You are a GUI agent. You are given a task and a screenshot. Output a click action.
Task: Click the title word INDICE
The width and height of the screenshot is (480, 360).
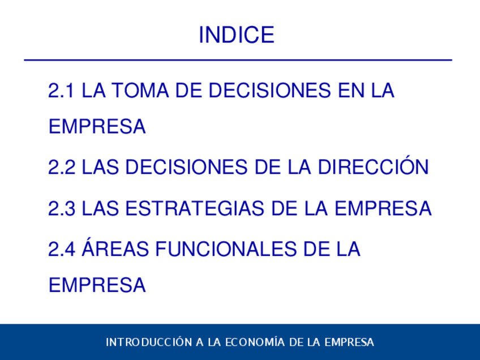coord(237,35)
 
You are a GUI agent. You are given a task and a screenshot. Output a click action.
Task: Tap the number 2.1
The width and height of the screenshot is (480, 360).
coord(61,91)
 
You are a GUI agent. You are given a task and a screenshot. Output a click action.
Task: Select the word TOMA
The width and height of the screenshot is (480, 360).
coord(140,91)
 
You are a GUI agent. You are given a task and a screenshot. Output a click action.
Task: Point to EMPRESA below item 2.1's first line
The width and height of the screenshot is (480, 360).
coord(97,126)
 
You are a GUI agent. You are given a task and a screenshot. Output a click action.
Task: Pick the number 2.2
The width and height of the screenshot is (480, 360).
coord(62,167)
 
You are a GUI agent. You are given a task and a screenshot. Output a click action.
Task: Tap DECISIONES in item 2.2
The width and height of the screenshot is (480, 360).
coord(186,167)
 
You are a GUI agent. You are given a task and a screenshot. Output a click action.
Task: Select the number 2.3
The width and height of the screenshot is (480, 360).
coord(62,208)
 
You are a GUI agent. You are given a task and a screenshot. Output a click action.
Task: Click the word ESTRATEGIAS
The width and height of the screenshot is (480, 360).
coord(194,208)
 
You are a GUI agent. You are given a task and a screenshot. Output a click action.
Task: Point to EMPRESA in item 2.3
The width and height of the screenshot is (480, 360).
coord(383,208)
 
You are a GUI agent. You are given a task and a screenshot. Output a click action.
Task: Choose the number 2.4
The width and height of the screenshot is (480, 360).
coord(62,248)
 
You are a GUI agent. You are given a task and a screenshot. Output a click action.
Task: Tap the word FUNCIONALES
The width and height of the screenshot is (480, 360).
coord(226,248)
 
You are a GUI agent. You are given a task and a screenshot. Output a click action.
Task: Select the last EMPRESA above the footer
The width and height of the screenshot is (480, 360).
coord(97,285)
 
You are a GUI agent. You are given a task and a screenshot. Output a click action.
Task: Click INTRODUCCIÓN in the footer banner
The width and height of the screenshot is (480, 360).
coord(149,341)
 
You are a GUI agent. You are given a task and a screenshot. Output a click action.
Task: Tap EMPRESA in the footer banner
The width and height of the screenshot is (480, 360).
coord(349,342)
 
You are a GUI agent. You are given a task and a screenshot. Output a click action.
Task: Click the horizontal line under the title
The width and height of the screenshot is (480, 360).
coord(238,60)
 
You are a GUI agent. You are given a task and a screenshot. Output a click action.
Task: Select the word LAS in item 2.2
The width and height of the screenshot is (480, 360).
coord(100,167)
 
